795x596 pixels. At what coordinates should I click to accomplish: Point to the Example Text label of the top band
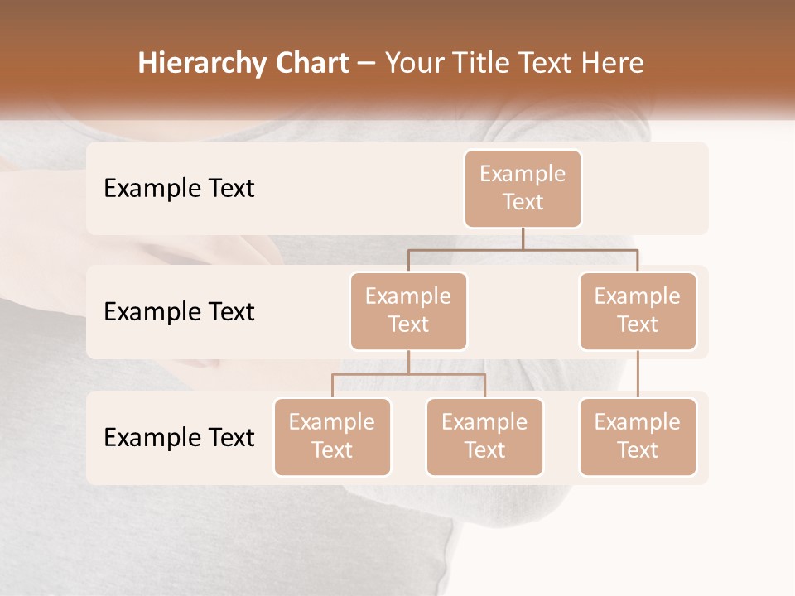coord(179,189)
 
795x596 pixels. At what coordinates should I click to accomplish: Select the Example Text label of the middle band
coord(179,312)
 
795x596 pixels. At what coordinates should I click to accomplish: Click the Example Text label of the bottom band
coord(179,438)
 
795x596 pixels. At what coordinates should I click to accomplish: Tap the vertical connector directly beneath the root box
coord(523,238)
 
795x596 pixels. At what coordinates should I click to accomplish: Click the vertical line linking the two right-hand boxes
coord(638,374)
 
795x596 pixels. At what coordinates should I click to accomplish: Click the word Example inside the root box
coord(523,174)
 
